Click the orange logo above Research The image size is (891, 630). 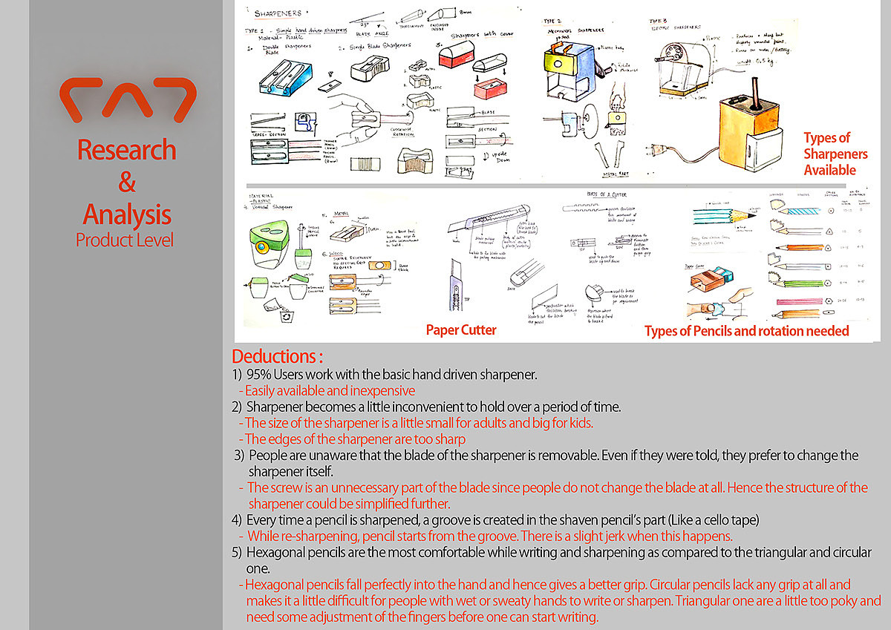tap(127, 100)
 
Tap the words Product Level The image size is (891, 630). tap(125, 240)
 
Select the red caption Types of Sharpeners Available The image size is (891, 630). tap(829, 154)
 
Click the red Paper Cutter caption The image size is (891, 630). tap(461, 329)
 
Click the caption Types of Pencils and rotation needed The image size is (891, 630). tap(746, 331)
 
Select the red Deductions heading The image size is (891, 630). tap(278, 356)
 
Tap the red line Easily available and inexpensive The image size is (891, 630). tap(330, 390)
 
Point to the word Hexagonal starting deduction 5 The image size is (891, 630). tap(275, 553)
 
